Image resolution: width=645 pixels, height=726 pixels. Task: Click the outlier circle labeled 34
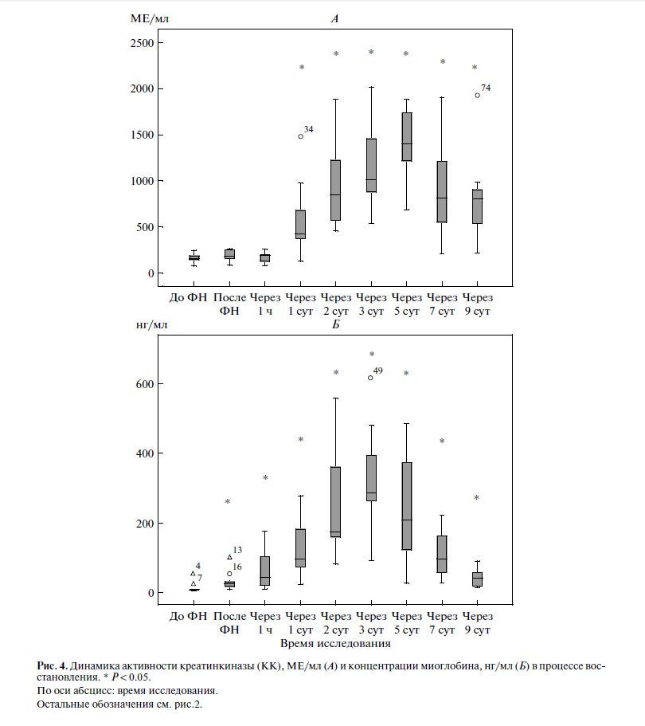pos(300,136)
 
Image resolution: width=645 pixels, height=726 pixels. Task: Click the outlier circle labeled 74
pos(477,95)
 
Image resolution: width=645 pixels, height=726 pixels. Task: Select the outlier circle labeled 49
pos(370,378)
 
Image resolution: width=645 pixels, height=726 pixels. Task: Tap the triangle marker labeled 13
pos(229,557)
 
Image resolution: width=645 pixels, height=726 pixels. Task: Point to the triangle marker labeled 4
pos(193,573)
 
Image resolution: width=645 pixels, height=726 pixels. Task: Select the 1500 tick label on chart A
pos(141,135)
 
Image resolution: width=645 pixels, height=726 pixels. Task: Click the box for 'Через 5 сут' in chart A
pos(406,136)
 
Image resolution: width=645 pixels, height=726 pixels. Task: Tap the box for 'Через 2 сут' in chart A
pos(336,190)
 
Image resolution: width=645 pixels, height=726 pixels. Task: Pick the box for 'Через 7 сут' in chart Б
pos(441,554)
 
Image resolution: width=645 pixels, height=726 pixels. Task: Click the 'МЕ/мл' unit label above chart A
pos(149,16)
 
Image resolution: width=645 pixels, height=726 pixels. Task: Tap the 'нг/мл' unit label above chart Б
pos(151,324)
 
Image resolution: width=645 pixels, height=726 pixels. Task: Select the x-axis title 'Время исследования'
pos(335,642)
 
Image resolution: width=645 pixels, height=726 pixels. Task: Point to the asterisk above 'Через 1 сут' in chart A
pos(302,68)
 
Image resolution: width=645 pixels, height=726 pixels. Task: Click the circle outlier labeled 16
pos(229,573)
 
